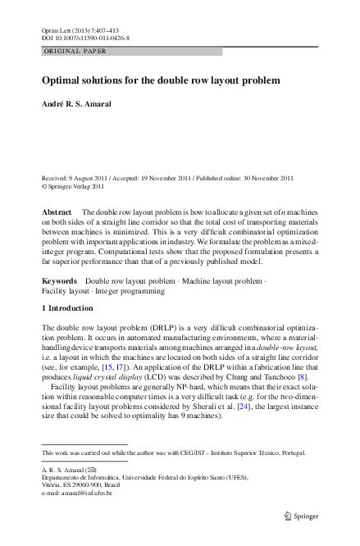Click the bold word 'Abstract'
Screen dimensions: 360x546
coord(57,212)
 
